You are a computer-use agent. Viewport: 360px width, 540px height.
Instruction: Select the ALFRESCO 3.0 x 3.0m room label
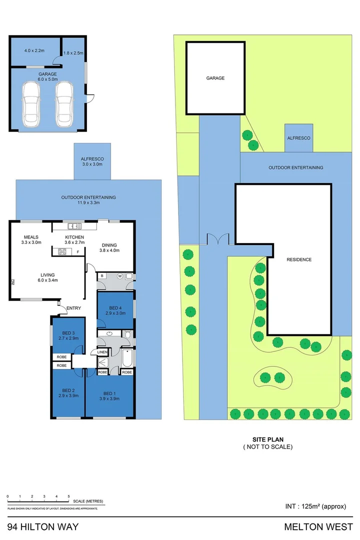(x=92, y=161)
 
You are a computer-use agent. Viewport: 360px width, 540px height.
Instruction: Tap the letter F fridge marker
(x=77, y=251)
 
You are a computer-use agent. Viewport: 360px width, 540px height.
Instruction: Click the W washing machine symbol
(x=120, y=275)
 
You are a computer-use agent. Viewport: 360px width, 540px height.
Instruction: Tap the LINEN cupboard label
(x=102, y=352)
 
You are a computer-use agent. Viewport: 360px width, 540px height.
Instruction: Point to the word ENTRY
(x=73, y=308)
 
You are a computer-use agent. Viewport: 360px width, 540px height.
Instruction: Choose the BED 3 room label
(x=68, y=335)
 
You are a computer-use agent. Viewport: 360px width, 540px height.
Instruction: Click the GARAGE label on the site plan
(x=215, y=78)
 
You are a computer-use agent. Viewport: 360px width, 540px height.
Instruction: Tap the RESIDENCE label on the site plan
(x=299, y=259)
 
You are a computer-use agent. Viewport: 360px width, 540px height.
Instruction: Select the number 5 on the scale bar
(x=68, y=496)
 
